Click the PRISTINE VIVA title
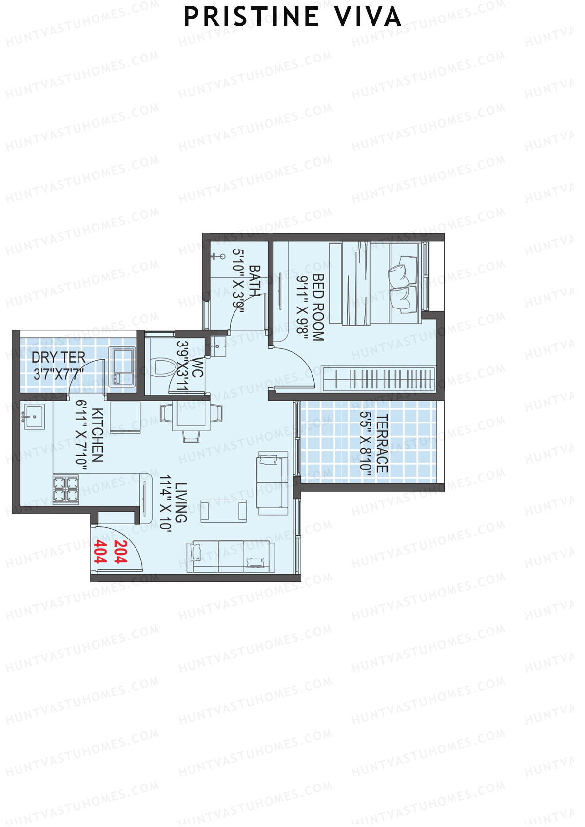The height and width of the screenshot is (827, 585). (x=292, y=18)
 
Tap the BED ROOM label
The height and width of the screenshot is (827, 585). (x=318, y=307)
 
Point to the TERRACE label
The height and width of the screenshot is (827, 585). (x=382, y=443)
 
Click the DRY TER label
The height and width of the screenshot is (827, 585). (x=58, y=357)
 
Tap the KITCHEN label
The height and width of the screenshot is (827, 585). (x=97, y=435)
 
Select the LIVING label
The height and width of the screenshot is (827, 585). (x=181, y=502)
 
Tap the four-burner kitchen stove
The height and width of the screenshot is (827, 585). (x=66, y=489)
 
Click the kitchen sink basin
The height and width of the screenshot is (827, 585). (x=34, y=417)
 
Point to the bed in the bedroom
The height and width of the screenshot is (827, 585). (x=374, y=283)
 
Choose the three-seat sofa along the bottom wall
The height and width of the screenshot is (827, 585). (x=231, y=557)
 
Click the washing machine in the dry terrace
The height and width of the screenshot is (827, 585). (x=121, y=366)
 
